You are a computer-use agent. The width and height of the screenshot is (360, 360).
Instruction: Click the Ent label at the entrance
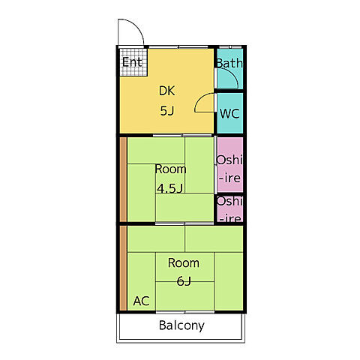[x=132, y=62]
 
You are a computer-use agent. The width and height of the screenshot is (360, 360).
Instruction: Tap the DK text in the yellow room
[x=166, y=91]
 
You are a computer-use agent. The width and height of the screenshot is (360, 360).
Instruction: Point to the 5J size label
[x=167, y=111]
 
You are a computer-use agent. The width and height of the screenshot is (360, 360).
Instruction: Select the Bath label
[x=229, y=63]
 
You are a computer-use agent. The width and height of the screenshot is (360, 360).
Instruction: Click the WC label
[x=229, y=114]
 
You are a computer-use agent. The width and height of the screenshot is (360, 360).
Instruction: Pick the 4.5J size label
[x=169, y=188]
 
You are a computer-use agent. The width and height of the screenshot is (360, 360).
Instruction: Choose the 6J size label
[x=184, y=281]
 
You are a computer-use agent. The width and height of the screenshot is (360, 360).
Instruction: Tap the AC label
[x=142, y=301]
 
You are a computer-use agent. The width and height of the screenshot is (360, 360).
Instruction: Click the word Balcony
[x=181, y=325]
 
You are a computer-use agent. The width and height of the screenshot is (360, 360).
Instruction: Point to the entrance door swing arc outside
[x=137, y=26]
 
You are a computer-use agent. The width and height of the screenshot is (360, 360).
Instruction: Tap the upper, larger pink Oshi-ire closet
[x=229, y=164]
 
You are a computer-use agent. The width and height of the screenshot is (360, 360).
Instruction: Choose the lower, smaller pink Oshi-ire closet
[x=229, y=208]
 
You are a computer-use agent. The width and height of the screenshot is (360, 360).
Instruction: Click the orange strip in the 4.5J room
[x=123, y=179]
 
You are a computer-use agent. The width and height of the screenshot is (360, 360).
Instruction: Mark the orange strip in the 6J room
[x=123, y=268]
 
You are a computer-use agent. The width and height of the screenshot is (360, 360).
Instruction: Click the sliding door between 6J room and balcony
[x=185, y=312]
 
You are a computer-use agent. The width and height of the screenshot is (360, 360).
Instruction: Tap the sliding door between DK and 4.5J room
[x=182, y=135]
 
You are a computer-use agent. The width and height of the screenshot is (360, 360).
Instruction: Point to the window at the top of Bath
[x=230, y=46]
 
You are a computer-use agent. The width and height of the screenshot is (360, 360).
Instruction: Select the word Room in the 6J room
[x=184, y=263]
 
